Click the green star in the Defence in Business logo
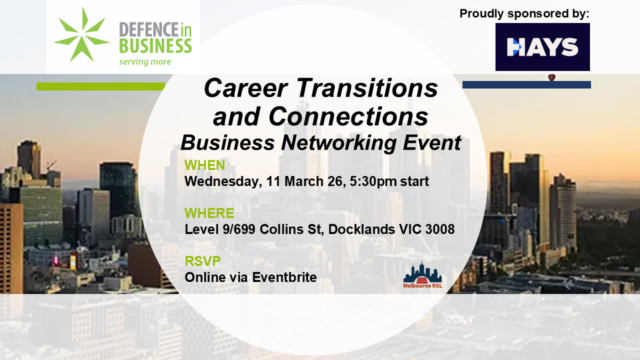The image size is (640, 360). [82, 35]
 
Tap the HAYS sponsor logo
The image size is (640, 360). [542, 47]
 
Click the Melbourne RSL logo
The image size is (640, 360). [422, 274]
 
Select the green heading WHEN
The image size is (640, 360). [204, 165]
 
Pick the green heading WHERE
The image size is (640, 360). [209, 213]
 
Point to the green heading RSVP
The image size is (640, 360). [202, 261]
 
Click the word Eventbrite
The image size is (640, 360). [284, 277]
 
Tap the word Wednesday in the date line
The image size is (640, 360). [223, 181]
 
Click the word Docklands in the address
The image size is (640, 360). [361, 229]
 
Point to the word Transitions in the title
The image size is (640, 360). [367, 88]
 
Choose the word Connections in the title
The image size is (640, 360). [348, 116]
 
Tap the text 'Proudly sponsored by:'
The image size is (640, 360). [524, 13]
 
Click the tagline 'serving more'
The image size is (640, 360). [145, 61]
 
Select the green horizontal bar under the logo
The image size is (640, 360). [100, 86]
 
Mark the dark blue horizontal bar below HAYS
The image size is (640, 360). [526, 84]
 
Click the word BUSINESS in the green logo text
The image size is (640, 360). [155, 46]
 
